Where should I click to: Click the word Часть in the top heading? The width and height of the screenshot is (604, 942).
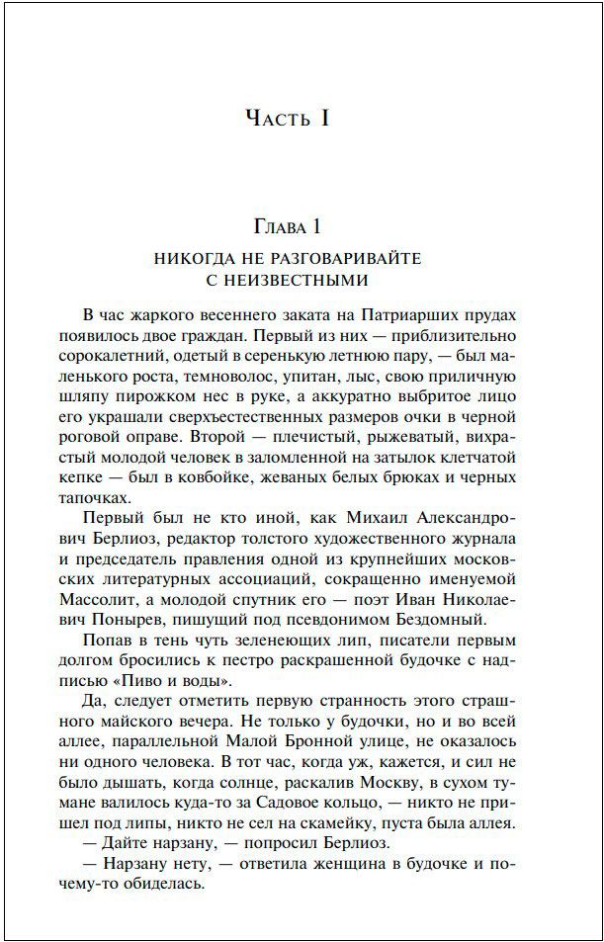click(x=275, y=119)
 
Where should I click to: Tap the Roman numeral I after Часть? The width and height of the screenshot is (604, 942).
click(x=322, y=119)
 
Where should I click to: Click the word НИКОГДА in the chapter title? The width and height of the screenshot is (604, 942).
click(x=195, y=259)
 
